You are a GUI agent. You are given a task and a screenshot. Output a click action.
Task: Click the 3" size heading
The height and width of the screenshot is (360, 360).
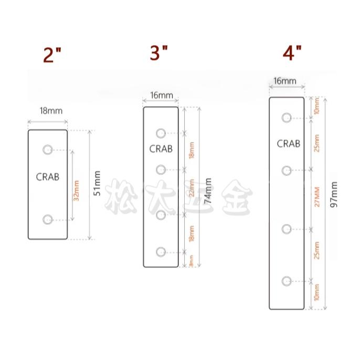[159, 53]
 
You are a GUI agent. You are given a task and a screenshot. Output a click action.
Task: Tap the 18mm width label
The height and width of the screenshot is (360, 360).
[51, 111]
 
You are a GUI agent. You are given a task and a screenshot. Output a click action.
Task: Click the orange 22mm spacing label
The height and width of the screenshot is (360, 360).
[192, 192]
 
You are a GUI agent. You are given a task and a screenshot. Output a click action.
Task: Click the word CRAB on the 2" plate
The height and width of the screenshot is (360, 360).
[48, 177]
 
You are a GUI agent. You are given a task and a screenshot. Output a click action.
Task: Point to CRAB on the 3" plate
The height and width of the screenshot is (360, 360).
[161, 149]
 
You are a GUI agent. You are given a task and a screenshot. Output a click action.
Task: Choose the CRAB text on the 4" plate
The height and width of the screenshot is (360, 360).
[288, 143]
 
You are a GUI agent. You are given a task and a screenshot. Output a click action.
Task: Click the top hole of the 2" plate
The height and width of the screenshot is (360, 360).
[48, 149]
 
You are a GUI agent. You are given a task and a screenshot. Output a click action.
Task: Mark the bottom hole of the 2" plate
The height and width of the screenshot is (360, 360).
[48, 219]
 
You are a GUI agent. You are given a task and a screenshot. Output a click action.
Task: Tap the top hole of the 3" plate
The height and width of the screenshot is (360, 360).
[161, 132]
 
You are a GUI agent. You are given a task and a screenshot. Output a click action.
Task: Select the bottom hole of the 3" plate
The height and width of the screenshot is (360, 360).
[161, 252]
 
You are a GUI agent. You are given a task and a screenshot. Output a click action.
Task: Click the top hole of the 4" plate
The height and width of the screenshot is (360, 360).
[286, 118]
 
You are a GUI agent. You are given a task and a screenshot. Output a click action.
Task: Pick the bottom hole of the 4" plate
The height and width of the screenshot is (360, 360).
[286, 281]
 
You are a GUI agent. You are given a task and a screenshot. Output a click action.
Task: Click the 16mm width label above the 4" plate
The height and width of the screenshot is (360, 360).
[285, 81]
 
